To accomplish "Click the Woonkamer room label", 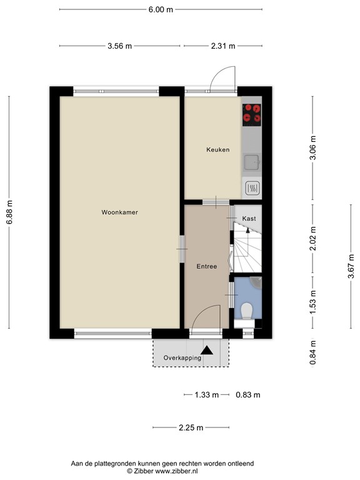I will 119,212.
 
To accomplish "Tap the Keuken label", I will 218,150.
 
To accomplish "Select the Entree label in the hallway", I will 206,266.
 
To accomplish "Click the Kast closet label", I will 249,219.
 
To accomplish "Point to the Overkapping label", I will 182,358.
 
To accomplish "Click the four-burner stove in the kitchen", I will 252,112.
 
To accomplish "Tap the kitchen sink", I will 252,162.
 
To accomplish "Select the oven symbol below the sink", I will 252,187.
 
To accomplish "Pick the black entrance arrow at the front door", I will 208,351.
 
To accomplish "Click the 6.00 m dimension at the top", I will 161,9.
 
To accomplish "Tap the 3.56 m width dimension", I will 120,46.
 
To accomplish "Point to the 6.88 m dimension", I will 9,212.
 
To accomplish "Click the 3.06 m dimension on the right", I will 313,147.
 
